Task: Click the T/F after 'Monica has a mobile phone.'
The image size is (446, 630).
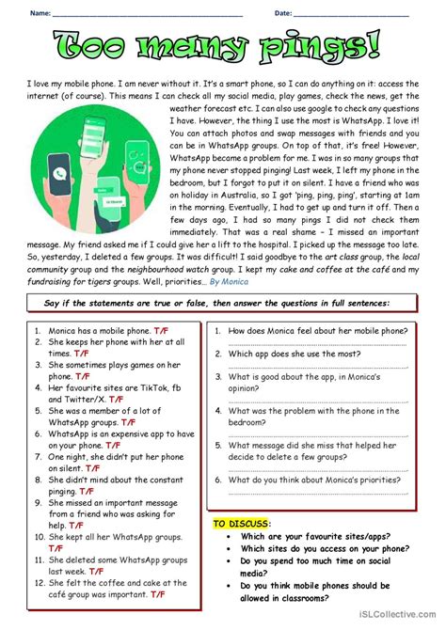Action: (x=161, y=331)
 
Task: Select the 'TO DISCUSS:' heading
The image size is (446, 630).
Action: (x=242, y=523)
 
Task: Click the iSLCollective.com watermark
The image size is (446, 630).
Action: (x=395, y=622)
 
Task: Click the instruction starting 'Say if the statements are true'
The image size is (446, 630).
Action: (x=223, y=303)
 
